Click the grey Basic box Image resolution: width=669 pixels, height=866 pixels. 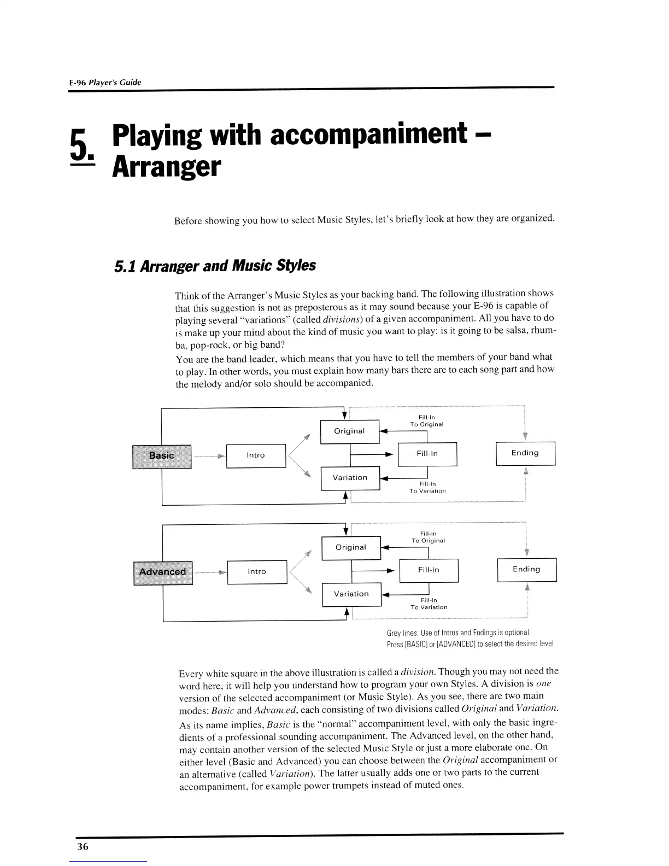[x=162, y=456]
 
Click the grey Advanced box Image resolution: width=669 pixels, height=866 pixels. [x=163, y=572]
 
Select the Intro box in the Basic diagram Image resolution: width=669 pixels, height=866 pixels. [x=256, y=455]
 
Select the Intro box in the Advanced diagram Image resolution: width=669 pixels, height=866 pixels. [x=257, y=572]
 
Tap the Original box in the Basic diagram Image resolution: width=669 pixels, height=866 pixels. [x=349, y=431]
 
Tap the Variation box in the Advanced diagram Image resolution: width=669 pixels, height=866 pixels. [x=351, y=594]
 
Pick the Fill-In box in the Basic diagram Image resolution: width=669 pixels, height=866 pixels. [x=427, y=454]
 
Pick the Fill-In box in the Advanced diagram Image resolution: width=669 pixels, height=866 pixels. [x=429, y=570]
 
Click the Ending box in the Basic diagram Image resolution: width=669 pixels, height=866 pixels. [x=525, y=453]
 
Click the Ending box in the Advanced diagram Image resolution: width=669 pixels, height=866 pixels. [x=526, y=570]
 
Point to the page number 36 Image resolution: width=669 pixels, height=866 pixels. [x=83, y=847]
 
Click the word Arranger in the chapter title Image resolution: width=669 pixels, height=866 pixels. [x=166, y=167]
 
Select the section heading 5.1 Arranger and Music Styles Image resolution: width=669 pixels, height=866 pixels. [x=215, y=266]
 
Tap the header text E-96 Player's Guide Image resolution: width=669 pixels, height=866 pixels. [x=105, y=83]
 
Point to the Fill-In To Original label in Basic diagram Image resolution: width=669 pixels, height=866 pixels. [x=427, y=421]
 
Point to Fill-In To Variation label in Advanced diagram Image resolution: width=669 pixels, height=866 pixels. [x=429, y=604]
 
